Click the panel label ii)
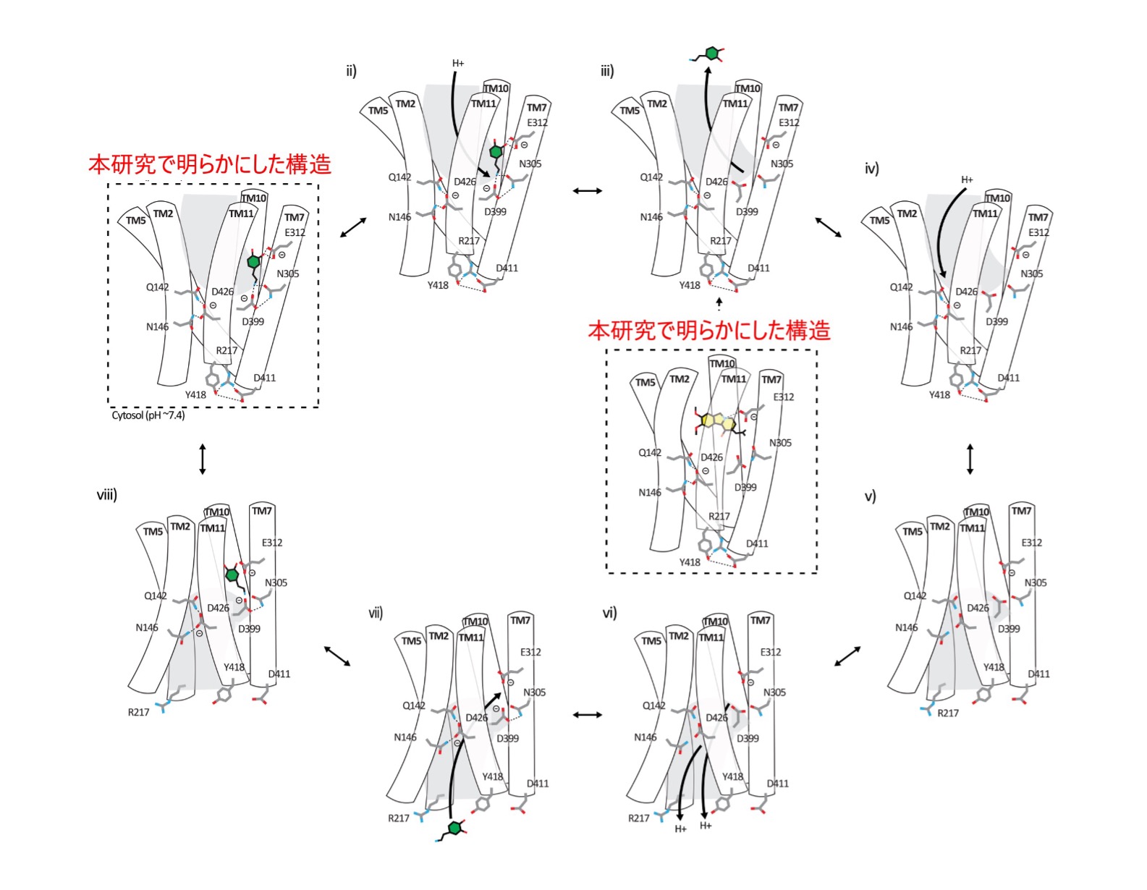coord(351,71)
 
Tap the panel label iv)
coord(871,169)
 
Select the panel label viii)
coord(106,495)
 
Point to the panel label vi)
coord(609,614)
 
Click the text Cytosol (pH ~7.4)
coord(148,415)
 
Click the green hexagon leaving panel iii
coord(712,53)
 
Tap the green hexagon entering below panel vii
coord(454,828)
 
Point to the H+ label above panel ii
coord(458,64)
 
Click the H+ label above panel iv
coord(967,179)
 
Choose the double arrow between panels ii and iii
coord(587,191)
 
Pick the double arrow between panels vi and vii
coord(587,715)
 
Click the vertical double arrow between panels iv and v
coord(970,459)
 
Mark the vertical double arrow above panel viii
coord(203,459)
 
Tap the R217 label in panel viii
coord(138,713)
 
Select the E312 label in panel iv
coord(1038,232)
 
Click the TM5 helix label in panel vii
coord(411,641)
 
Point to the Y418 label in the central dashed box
coord(690,562)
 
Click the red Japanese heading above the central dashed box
coord(708,331)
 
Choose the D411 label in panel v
coord(1038,674)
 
